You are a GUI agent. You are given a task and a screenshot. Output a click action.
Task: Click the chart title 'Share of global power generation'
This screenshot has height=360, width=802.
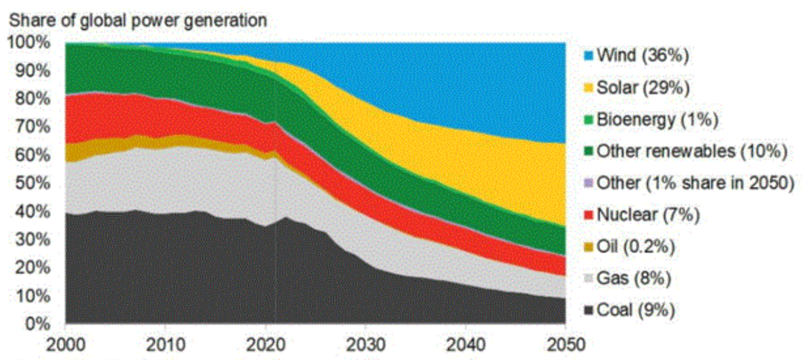[x=138, y=20]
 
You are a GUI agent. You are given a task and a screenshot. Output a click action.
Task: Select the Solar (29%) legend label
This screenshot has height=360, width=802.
[x=644, y=87]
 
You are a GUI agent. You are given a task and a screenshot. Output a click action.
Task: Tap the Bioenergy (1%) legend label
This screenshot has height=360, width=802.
[x=657, y=119]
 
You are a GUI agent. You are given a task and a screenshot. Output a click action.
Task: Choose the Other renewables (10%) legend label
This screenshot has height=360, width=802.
[x=693, y=151]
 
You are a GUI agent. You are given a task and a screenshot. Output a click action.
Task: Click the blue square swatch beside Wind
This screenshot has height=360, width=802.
[x=590, y=55]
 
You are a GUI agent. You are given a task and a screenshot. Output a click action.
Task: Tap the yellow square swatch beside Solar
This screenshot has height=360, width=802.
[x=590, y=87]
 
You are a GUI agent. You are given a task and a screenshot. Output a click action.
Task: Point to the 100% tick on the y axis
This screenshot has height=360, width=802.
[x=29, y=42]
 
